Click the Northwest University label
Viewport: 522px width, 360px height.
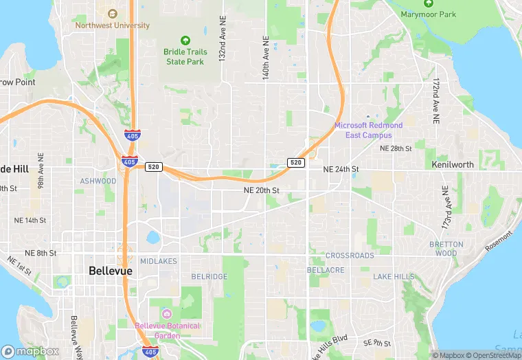(113, 25)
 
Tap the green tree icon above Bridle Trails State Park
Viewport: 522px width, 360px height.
(184, 41)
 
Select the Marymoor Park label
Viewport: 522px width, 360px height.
(429, 14)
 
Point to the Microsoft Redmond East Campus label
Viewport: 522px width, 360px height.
(368, 131)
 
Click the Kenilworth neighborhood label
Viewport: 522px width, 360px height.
(453, 165)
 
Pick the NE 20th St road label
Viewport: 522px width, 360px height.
(261, 190)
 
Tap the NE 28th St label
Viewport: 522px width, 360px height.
(395, 148)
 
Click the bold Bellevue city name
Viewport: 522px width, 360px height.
(110, 271)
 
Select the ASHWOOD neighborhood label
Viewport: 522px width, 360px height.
(98, 181)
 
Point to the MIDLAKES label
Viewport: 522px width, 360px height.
(159, 261)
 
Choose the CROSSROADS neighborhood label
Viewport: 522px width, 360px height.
(350, 256)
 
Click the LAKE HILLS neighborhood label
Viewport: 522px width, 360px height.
(394, 276)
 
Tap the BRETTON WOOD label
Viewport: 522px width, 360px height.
(446, 249)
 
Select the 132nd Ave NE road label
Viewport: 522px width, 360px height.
(223, 39)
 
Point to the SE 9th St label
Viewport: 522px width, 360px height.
(376, 342)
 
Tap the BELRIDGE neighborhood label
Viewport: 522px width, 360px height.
(209, 276)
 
